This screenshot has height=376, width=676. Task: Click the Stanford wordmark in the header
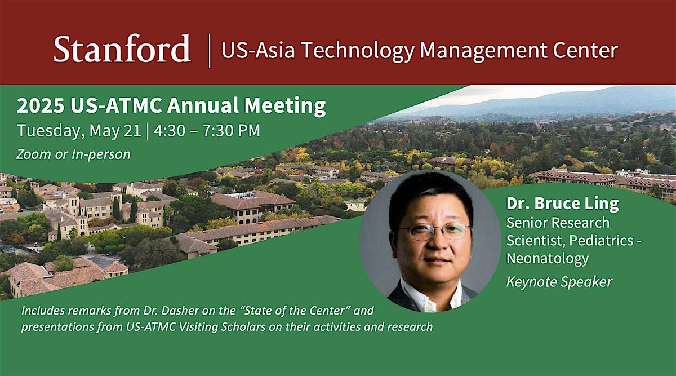coord(122,48)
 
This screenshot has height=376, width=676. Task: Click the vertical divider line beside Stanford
coord(210,51)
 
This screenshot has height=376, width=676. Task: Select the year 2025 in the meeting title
coord(41,106)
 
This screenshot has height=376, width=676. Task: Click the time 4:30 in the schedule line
coord(170,131)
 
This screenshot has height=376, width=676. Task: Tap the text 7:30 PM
coord(231,131)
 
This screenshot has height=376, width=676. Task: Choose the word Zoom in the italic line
coord(33,154)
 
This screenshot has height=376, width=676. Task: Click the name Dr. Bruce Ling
coord(563,204)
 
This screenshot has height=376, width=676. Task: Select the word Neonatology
coord(548,259)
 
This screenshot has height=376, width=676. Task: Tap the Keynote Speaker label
coord(559,282)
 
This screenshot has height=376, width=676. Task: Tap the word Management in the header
coord(483,51)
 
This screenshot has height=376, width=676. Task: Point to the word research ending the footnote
coord(410,327)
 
